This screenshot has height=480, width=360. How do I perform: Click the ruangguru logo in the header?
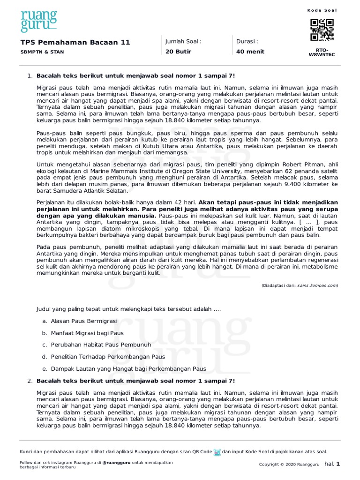pyautogui.click(x=38, y=21)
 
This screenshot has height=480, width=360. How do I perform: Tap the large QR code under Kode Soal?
pyautogui.click(x=322, y=30)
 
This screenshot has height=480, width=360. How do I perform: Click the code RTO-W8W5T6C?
pyautogui.click(x=322, y=52)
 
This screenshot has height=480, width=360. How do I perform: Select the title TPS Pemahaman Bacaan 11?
pyautogui.click(x=75, y=42)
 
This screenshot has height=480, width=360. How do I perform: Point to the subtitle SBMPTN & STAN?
pyautogui.click(x=42, y=52)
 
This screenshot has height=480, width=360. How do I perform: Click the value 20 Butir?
pyautogui.click(x=178, y=52)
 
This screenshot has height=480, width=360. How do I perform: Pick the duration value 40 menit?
pyautogui.click(x=250, y=52)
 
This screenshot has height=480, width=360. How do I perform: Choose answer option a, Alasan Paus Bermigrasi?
pyautogui.click(x=84, y=321)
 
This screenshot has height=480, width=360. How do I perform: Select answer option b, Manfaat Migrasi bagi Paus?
pyautogui.click(x=87, y=333)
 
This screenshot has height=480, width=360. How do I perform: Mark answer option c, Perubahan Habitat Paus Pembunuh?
pyautogui.click(x=101, y=345)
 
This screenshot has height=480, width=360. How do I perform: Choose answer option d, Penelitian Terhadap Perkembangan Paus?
pyautogui.click(x=108, y=357)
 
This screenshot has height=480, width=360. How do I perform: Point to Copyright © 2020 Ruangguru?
pyautogui.click(x=289, y=465)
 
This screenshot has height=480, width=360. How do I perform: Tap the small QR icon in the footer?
pyautogui.click(x=217, y=452)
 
